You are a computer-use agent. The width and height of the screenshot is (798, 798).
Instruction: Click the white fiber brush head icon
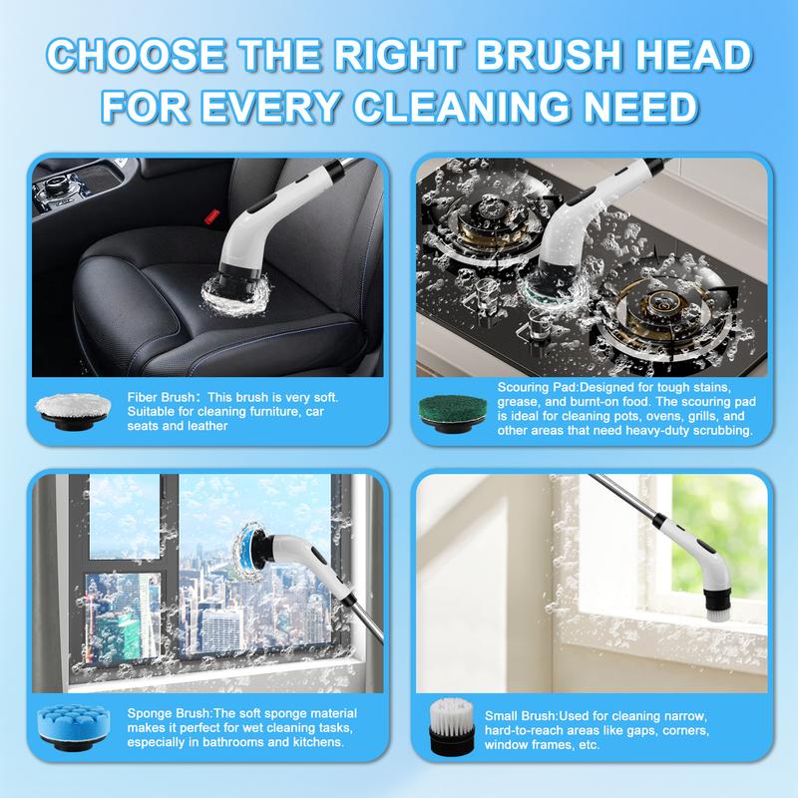click(73, 410)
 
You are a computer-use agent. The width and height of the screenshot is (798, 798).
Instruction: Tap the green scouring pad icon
click(453, 413)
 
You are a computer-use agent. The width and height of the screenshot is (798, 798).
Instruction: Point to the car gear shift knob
click(55, 185)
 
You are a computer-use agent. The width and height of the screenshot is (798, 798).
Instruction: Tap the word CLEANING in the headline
click(461, 107)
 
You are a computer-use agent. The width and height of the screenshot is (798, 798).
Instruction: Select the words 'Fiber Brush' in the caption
click(161, 397)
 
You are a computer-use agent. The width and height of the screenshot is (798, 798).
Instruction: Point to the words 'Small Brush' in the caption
click(520, 716)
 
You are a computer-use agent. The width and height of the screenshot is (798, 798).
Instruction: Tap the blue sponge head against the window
click(249, 553)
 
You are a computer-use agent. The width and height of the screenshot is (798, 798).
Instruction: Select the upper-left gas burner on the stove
click(485, 222)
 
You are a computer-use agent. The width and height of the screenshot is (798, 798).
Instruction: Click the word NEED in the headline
click(640, 107)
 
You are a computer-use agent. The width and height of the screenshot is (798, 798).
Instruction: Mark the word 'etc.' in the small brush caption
click(590, 745)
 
